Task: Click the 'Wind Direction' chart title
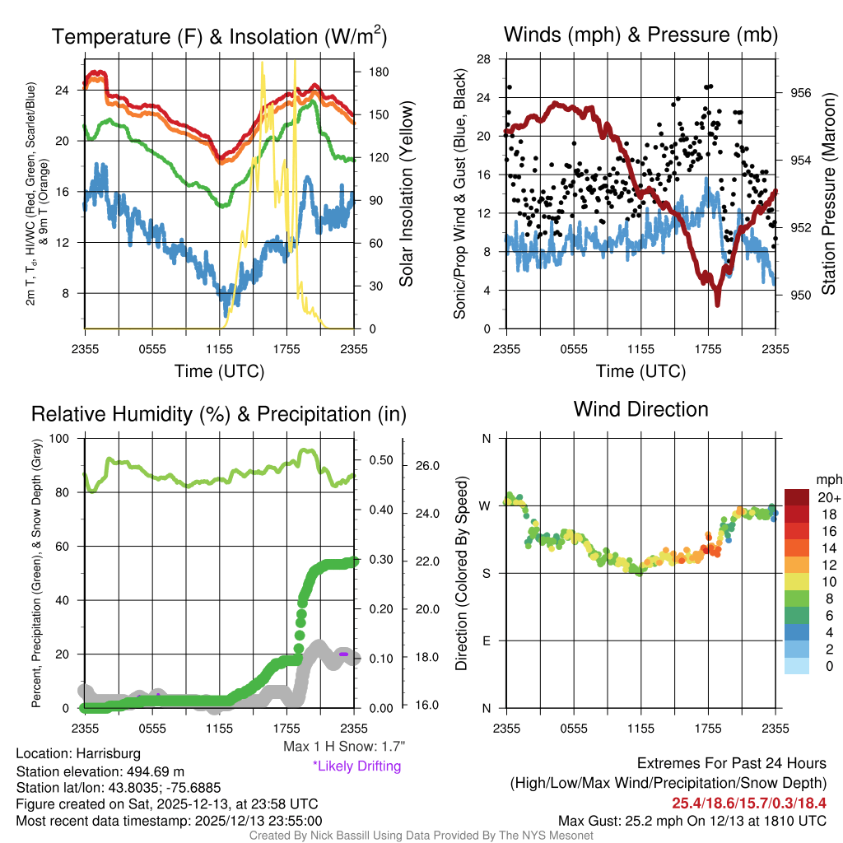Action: click(640, 409)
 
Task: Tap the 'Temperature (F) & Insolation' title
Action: click(219, 37)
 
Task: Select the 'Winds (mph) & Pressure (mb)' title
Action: click(640, 35)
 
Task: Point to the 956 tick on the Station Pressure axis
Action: click(800, 93)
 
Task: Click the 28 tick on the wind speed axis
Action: click(484, 59)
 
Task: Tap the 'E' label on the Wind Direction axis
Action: click(487, 640)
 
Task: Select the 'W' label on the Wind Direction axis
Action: click(486, 505)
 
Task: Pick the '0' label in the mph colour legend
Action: click(829, 665)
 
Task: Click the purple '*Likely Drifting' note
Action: click(356, 766)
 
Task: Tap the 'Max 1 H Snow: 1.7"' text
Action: click(343, 747)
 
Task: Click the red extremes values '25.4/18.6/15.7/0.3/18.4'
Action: click(749, 803)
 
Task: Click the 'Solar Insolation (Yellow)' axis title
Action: click(405, 194)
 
